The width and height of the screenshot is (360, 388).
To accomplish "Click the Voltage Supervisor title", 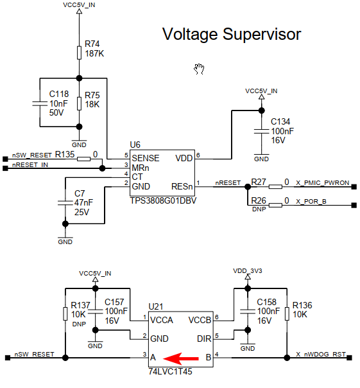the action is [232, 35].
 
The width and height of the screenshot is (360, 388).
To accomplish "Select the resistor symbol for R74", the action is [79, 53].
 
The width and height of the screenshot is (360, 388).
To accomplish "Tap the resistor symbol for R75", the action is [79, 103].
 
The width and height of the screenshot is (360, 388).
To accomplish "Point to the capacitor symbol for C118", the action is [40, 103].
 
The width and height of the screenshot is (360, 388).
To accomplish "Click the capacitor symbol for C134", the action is [262, 131].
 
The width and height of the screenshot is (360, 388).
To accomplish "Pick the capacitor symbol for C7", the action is [65, 203].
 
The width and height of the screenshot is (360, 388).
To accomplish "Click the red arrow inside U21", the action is [181, 358].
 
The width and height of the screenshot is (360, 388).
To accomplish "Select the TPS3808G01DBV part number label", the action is [163, 200].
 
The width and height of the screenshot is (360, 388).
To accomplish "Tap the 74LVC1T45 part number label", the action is [170, 372].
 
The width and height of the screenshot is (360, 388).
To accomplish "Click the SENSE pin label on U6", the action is [146, 159].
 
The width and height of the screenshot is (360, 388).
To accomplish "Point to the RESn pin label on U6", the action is [182, 186].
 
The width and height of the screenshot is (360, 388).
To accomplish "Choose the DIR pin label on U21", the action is [204, 339].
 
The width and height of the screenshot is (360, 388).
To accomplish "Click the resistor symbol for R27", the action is [275, 186].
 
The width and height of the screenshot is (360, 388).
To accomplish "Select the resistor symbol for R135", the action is [84, 159].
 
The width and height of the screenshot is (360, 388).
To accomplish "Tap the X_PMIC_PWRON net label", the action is [323, 183].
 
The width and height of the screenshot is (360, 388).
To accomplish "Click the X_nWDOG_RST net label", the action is [321, 355].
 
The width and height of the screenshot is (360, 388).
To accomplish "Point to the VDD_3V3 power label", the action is [248, 271].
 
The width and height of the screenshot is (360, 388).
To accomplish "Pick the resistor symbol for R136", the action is [287, 313].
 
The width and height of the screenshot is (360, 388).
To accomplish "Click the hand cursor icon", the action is [199, 69].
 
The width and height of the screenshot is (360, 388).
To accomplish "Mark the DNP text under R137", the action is [79, 324].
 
